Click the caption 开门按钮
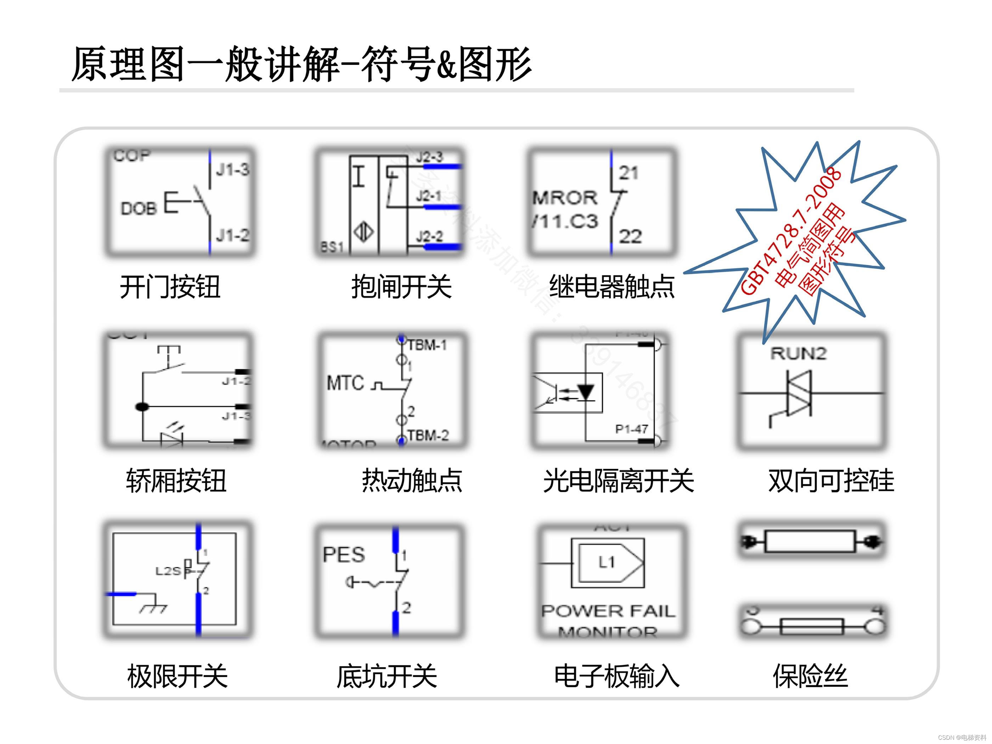tap(169, 287)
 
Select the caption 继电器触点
tap(612, 287)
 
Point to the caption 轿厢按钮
tap(176, 481)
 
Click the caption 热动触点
tap(412, 481)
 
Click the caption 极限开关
tap(177, 676)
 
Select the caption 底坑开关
tap(387, 676)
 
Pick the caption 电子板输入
tap(617, 676)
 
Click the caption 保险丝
tap(810, 676)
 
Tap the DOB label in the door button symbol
tap(139, 208)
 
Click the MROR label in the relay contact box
tap(565, 198)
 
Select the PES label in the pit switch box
tap(344, 555)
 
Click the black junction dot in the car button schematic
tap(142, 407)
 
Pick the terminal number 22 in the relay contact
tap(630, 236)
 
